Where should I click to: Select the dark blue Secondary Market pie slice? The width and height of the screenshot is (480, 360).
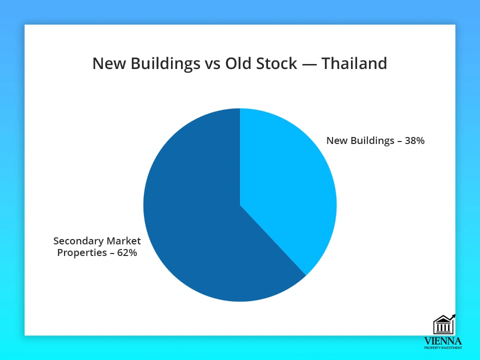[x=196, y=214]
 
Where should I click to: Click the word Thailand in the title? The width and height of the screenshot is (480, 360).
[x=354, y=63]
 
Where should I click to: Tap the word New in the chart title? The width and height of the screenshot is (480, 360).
[x=109, y=63]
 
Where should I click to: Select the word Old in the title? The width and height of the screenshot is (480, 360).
[x=238, y=63]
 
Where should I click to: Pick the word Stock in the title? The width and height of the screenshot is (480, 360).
[x=276, y=63]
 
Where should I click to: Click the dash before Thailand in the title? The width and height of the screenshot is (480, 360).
[x=309, y=64]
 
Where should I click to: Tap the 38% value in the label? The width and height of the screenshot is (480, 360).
[x=414, y=140]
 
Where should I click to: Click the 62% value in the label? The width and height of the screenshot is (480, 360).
[x=127, y=252]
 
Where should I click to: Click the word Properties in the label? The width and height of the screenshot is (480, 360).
[x=82, y=253]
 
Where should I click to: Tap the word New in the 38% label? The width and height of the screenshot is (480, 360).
[x=337, y=140]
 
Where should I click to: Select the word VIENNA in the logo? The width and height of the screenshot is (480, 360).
[x=443, y=341]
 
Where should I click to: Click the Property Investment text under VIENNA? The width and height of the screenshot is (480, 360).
[x=443, y=348]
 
